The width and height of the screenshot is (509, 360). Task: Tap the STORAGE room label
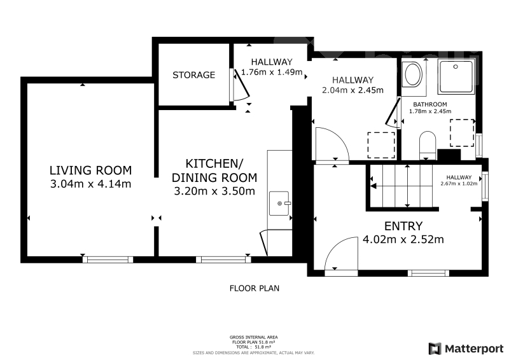194,75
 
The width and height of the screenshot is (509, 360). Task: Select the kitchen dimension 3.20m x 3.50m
214,191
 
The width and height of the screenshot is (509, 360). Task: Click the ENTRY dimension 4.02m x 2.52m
403,240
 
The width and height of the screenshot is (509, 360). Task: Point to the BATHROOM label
430,104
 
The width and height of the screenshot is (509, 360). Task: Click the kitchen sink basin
279,204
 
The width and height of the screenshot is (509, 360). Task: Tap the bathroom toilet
428,146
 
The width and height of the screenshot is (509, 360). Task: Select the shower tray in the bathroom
456,76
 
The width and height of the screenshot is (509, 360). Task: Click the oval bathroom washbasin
412,74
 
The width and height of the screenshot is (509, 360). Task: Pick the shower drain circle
456,67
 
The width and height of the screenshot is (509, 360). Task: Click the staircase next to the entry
403,186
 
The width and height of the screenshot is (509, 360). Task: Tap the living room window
108,260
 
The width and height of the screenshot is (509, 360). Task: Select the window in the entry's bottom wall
428,273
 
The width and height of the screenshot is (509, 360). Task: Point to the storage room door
241,85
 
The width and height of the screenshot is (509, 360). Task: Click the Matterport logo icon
435,349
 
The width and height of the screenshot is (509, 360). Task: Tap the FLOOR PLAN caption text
254,288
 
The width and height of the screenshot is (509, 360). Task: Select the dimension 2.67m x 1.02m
459,183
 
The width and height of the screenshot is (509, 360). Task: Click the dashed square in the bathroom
462,133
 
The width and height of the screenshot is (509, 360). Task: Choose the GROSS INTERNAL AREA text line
253,337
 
